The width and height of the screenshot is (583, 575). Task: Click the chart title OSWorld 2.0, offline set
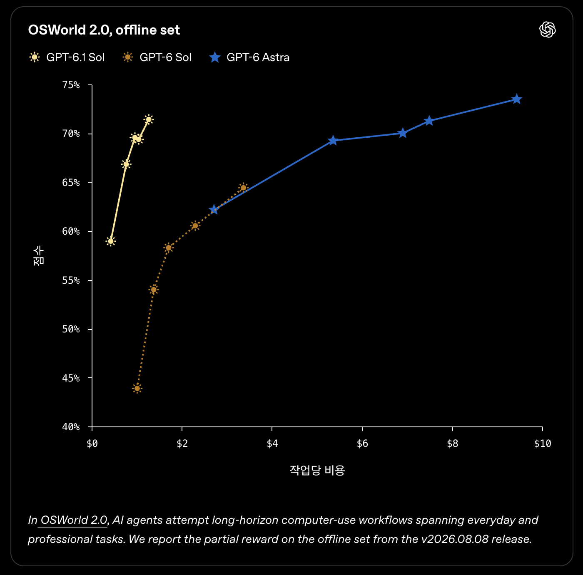pos(104,30)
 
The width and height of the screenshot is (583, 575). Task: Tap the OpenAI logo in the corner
pos(547,30)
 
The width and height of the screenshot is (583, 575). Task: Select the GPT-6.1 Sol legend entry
pos(67,57)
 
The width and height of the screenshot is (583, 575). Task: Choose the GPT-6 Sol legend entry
pos(157,57)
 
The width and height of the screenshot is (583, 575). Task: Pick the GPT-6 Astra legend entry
pos(249,57)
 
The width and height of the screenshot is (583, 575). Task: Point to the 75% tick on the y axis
pos(71,85)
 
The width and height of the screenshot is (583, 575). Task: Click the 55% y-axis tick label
pos(71,280)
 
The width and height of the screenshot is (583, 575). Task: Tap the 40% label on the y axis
pos(71,427)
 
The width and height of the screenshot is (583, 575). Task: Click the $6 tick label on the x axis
pos(362,444)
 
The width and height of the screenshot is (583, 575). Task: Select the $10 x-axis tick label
pos(543,444)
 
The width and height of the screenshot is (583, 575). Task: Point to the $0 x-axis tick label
pos(92,444)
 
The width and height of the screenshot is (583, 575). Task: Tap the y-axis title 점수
pos(39,256)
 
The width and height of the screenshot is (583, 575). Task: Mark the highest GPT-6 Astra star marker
pos(517,99)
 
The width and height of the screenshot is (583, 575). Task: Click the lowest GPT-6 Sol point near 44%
pos(137,388)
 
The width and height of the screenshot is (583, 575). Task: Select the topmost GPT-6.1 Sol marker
pos(149,119)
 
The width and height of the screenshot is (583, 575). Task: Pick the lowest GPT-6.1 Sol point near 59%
pos(111,241)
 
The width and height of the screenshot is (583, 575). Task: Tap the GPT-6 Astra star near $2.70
pos(214,210)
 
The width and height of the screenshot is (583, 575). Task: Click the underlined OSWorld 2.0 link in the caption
pos(74,520)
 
